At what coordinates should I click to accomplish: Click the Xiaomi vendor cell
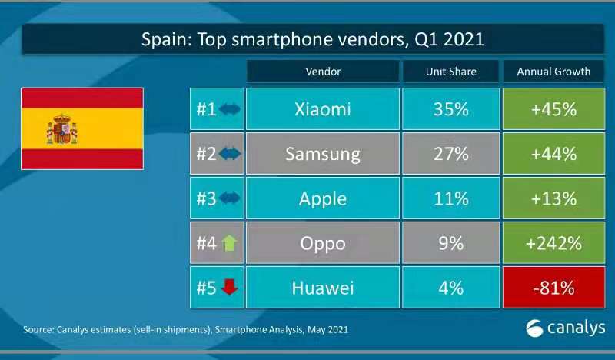(323, 109)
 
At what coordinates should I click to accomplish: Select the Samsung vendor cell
(323, 154)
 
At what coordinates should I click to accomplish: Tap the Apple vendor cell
(323, 198)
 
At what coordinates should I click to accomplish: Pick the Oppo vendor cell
(323, 243)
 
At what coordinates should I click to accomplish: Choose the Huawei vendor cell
(323, 288)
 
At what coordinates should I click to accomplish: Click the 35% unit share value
(450, 109)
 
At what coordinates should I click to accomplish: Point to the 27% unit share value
(450, 154)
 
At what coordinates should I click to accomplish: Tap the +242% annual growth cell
(553, 243)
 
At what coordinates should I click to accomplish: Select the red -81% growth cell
(553, 288)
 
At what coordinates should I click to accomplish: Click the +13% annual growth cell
(553, 198)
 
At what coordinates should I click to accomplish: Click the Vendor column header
(323, 72)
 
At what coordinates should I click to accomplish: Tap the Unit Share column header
(450, 72)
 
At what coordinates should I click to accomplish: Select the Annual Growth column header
(553, 72)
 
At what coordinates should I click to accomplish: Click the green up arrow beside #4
(229, 243)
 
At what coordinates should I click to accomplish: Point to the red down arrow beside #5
(229, 288)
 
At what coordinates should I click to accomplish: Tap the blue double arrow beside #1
(229, 109)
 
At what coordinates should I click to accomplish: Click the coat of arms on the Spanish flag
(61, 128)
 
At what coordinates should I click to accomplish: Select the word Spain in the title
(163, 39)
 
